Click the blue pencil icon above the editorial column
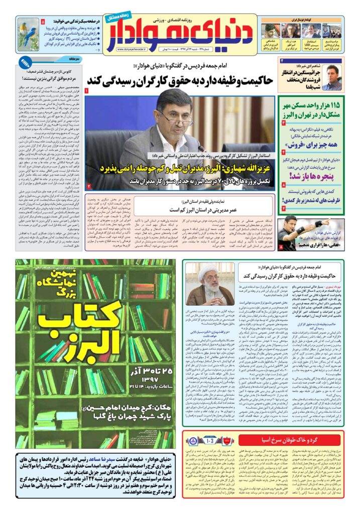pyautogui.click(x=24, y=62)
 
